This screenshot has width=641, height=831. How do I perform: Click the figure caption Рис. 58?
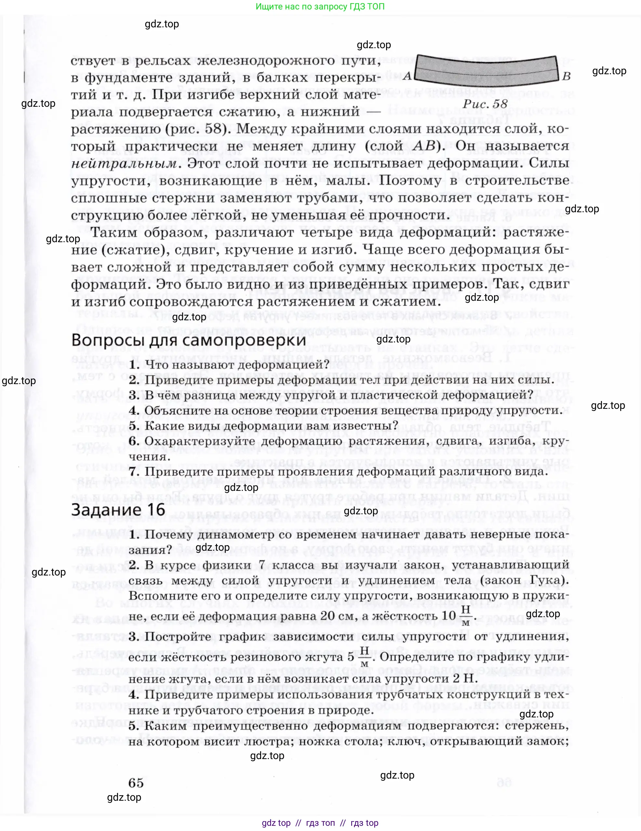[x=485, y=104]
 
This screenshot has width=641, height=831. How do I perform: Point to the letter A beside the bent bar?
[x=407, y=76]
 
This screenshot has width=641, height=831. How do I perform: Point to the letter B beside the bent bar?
[x=566, y=76]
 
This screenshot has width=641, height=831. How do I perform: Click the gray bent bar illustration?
[x=487, y=69]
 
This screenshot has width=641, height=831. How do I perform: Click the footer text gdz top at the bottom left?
[x=276, y=823]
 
